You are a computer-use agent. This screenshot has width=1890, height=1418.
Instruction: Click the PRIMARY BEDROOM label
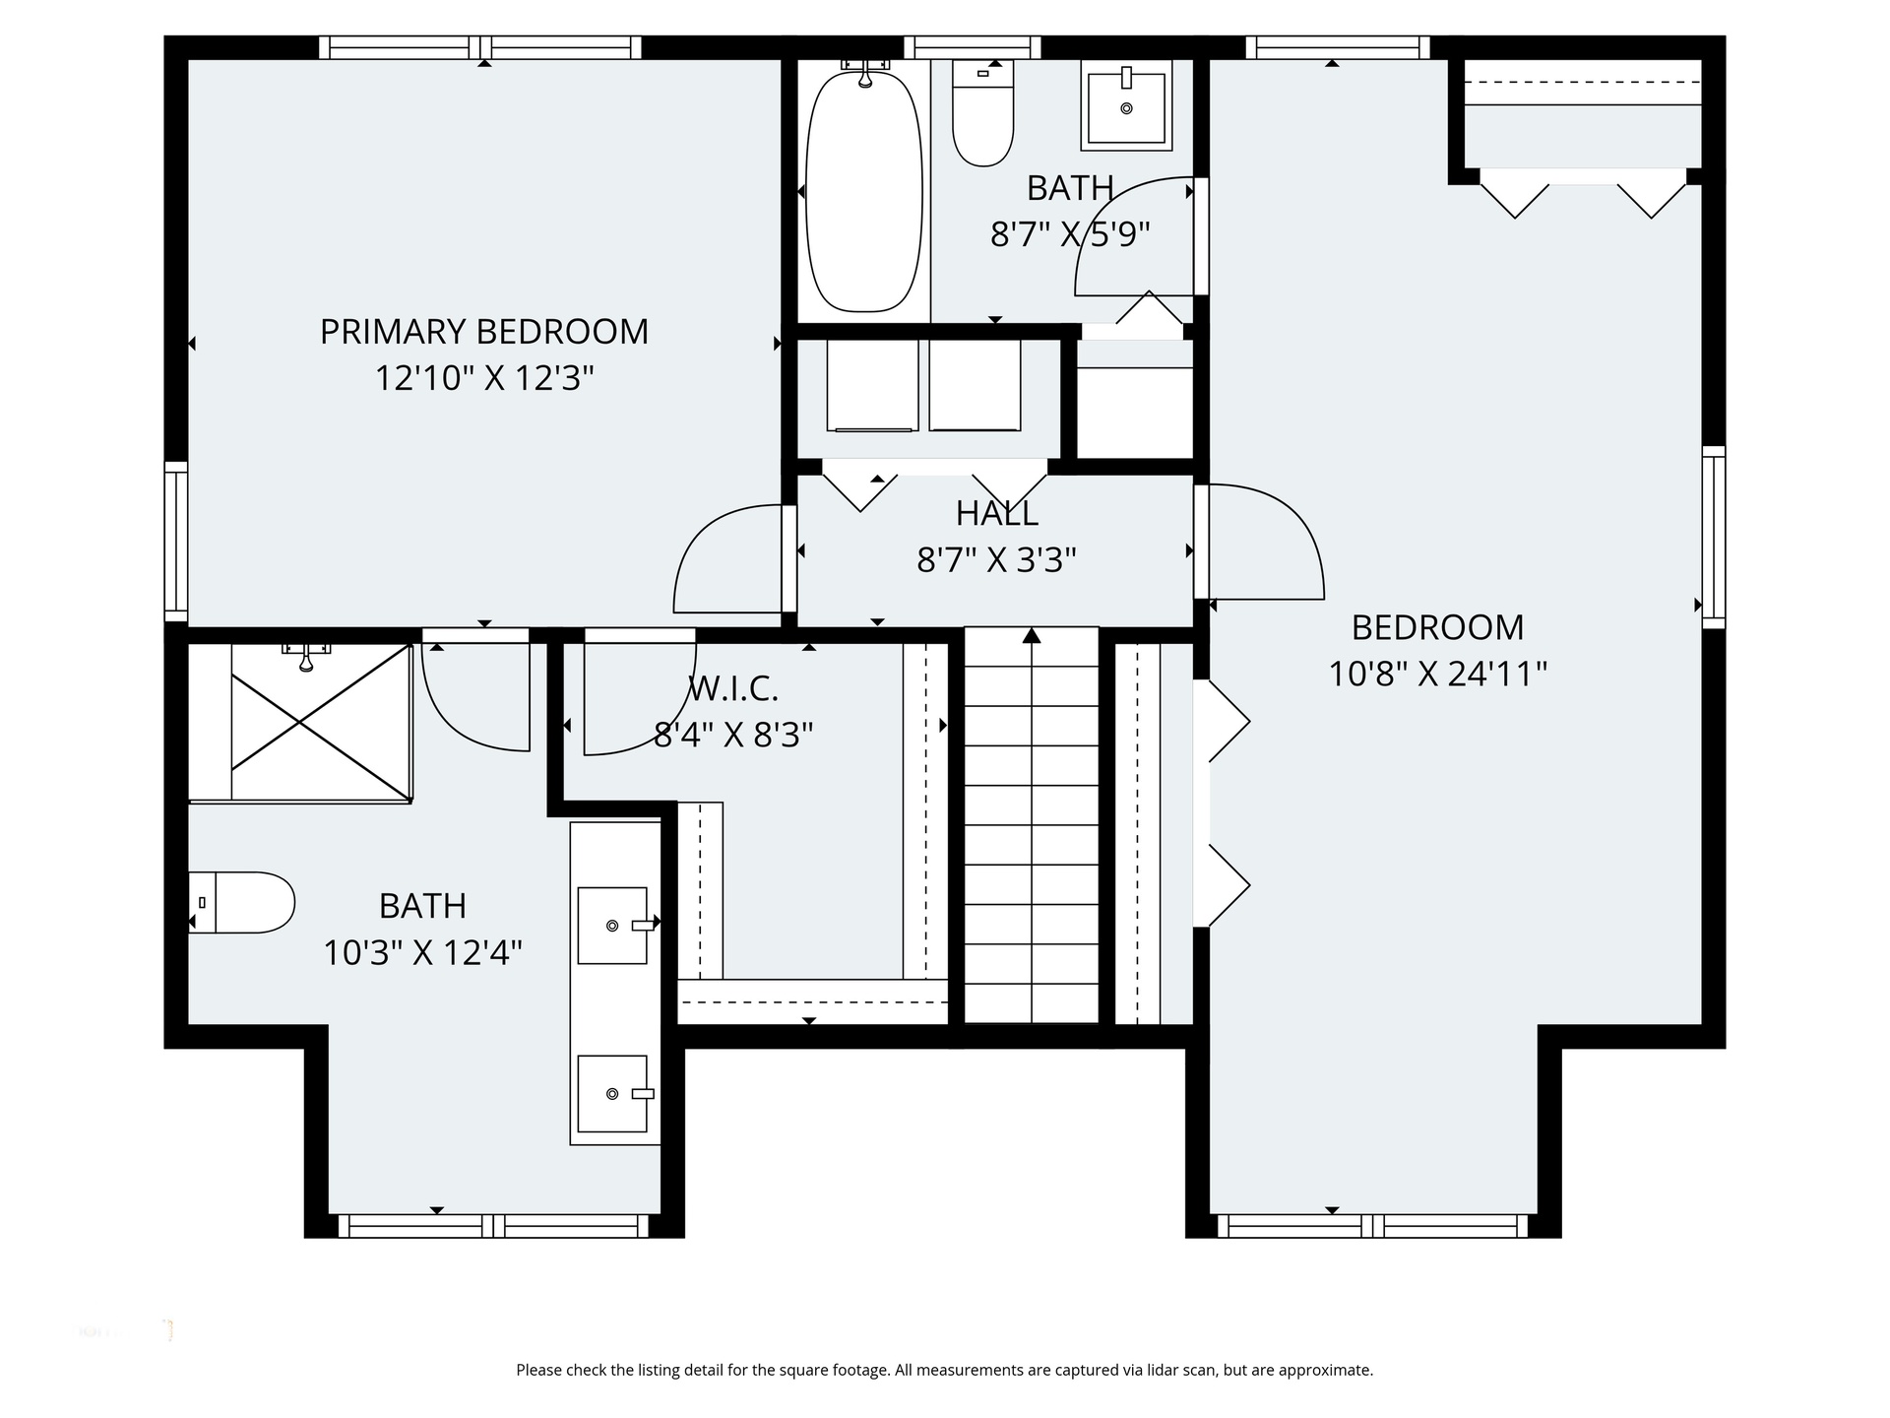484,332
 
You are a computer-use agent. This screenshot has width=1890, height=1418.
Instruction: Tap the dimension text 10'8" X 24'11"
1437,675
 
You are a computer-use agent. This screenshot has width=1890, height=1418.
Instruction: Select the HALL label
996,513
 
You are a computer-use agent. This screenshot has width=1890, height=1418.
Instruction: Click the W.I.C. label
732,689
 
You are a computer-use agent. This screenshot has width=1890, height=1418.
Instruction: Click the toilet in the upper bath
982,112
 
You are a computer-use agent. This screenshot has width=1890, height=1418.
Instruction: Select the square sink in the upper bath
1126,105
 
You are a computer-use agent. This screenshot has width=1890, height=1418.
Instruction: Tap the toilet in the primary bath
242,902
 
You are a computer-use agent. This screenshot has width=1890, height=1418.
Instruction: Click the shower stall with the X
321,722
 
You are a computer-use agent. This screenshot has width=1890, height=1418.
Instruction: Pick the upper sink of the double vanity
612,925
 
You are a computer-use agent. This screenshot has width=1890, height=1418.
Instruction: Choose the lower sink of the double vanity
612,1093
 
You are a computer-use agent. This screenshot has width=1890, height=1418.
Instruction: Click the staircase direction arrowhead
1032,635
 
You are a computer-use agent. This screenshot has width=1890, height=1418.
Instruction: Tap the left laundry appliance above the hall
871,385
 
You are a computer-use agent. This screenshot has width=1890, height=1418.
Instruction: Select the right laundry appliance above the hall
974,385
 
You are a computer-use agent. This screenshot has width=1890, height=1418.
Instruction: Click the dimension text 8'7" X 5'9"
1070,234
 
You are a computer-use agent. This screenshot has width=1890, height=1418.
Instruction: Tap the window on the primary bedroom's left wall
176,542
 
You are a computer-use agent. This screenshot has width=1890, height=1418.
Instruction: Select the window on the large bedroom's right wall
1714,537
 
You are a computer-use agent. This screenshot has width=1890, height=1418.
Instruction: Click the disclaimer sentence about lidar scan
945,1370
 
